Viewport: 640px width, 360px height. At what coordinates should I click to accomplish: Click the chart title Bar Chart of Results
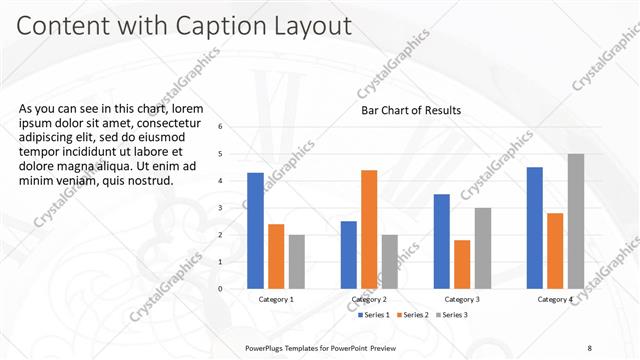pos(411,111)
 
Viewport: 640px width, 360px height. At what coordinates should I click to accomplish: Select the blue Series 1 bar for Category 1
pos(256,230)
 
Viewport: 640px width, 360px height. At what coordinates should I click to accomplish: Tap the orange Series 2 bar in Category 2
pos(369,229)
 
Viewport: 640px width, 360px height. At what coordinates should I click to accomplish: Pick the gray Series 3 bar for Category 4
pos(575,221)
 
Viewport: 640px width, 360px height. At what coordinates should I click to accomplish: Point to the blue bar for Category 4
pos(534,227)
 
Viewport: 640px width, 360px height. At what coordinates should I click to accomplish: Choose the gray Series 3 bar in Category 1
pos(297,261)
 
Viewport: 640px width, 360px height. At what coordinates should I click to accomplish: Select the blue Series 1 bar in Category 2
pos(348,254)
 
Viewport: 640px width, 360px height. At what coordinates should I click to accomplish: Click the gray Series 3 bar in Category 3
pos(482,248)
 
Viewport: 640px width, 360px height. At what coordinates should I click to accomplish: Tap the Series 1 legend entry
pos(373,315)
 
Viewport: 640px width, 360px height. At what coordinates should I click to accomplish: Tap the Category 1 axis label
pos(276,299)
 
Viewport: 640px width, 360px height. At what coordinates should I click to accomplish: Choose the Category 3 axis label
pos(462,299)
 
